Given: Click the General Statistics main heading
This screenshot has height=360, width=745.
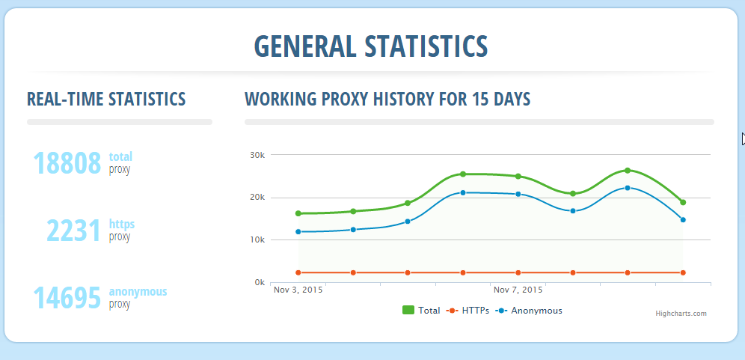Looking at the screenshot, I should pos(371,46).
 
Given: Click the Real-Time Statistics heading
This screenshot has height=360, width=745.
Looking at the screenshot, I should pos(106,99).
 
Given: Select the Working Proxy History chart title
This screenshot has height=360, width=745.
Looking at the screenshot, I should pos(387,99).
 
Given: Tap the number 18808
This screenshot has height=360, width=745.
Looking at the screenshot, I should pos(67,163).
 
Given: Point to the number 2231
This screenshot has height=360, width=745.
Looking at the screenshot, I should pos(73,231).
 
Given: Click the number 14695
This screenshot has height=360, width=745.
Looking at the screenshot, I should pos(67,298).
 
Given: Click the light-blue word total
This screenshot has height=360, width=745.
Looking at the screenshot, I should pos(120,156).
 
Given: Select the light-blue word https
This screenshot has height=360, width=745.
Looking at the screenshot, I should pos(122,224).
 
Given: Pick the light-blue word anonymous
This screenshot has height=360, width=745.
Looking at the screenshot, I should pos(138,291).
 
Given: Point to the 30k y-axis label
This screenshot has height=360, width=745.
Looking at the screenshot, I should pos(257,156).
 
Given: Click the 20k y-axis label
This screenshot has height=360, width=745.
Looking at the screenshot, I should pos(257,198).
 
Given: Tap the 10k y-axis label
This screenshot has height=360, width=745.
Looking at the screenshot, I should pos(257,240).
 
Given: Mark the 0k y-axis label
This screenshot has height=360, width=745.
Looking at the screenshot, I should pos(259,283).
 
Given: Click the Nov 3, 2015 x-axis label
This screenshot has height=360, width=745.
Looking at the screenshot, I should pos(298,290).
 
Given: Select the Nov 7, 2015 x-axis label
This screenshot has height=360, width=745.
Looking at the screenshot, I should pos(518,290).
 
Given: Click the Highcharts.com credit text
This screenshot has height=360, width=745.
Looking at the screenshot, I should pos(681,314).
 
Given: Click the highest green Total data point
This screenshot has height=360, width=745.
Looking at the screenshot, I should pos(628,171).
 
